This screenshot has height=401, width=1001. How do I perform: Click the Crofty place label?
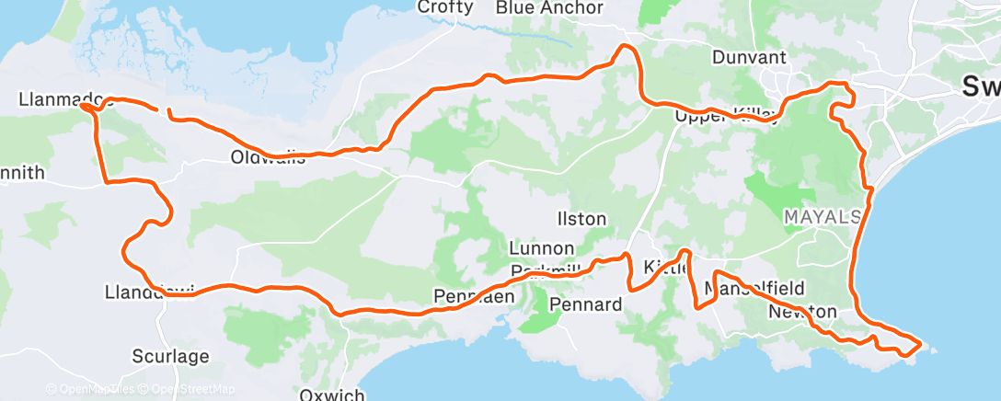pos(445,7)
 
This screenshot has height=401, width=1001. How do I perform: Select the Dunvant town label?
pos(750,57)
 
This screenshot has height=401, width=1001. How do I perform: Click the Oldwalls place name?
pos(268,158)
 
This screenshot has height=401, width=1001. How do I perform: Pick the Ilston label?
pos(581,219)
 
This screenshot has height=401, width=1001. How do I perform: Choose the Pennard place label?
pos(586,304)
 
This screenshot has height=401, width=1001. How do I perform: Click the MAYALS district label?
pos(822,217)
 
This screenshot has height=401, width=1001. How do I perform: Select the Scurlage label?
pos(170,356)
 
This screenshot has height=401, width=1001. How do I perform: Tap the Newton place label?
pos(802,312)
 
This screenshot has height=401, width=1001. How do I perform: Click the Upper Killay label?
pos(727,116)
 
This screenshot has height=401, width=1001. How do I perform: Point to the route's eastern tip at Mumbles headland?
pos(919,345)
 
